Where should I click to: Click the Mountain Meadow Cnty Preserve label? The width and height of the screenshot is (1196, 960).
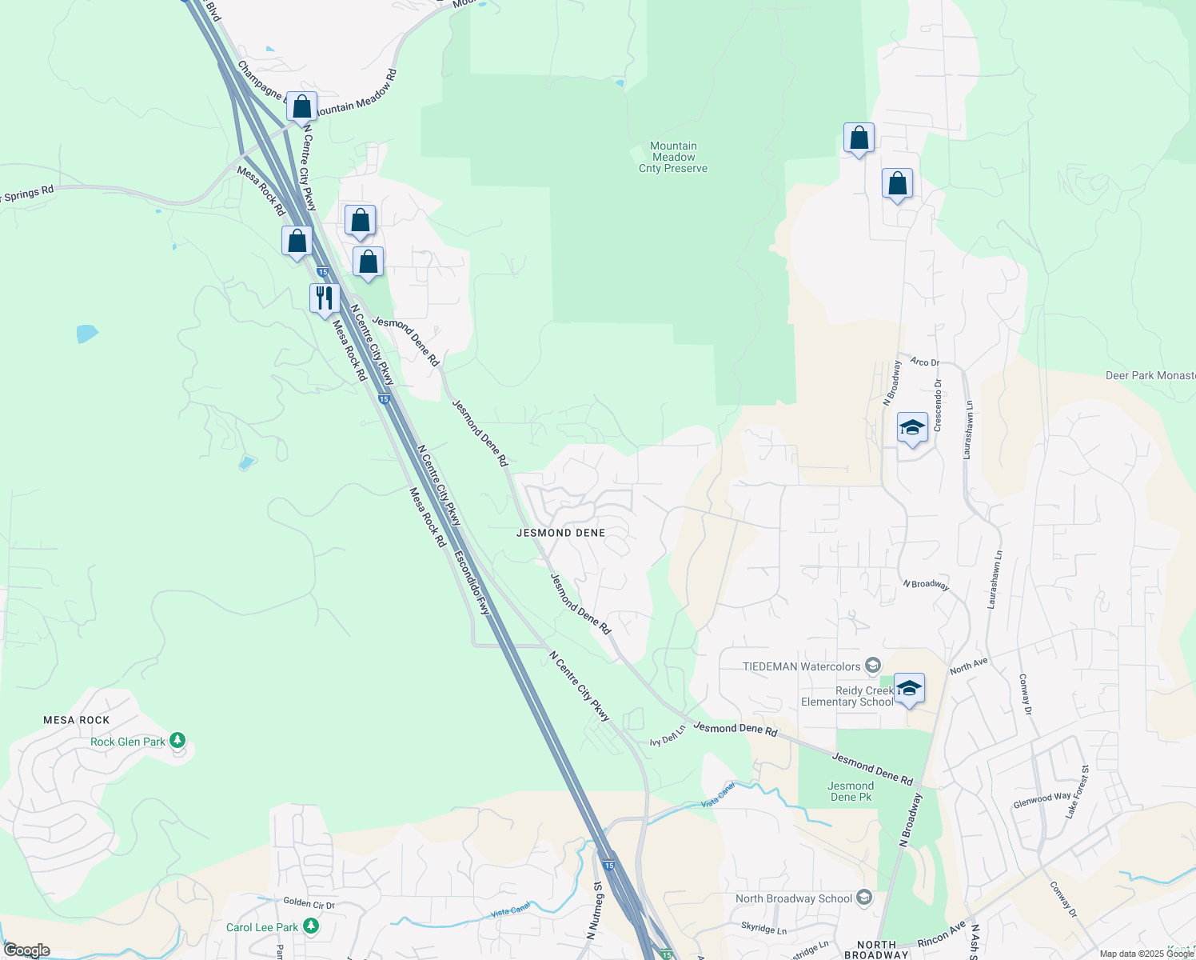click(x=673, y=157)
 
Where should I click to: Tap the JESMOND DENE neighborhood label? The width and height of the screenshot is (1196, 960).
click(x=560, y=533)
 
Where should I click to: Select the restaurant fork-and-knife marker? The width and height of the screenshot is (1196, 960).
click(x=325, y=298)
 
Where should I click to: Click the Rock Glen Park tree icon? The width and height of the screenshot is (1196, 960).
click(x=177, y=741)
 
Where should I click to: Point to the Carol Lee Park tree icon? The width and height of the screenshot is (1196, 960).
click(x=311, y=926)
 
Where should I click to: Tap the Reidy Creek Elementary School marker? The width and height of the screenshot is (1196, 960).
click(x=909, y=688)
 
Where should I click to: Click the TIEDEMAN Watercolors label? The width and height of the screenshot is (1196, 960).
click(x=802, y=666)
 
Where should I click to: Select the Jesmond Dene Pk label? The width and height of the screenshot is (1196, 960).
click(x=851, y=791)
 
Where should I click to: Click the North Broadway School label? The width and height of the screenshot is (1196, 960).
click(x=794, y=898)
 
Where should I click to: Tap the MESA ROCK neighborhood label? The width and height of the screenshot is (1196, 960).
click(x=77, y=720)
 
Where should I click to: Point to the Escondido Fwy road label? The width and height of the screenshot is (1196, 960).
click(x=472, y=582)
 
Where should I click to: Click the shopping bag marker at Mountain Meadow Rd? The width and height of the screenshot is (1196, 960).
click(x=302, y=106)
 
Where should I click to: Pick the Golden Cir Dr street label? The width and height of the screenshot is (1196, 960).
click(x=309, y=903)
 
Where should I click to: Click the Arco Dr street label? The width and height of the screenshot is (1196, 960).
click(x=924, y=362)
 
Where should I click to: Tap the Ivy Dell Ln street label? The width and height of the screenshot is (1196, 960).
click(x=668, y=737)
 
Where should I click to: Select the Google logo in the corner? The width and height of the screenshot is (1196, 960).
click(x=26, y=950)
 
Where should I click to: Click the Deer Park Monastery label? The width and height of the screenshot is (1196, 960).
click(x=1150, y=375)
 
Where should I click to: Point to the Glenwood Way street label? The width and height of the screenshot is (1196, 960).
click(x=1042, y=799)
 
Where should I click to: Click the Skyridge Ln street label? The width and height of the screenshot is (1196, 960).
click(x=763, y=930)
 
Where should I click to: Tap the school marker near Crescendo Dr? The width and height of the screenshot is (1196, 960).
click(x=912, y=427)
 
